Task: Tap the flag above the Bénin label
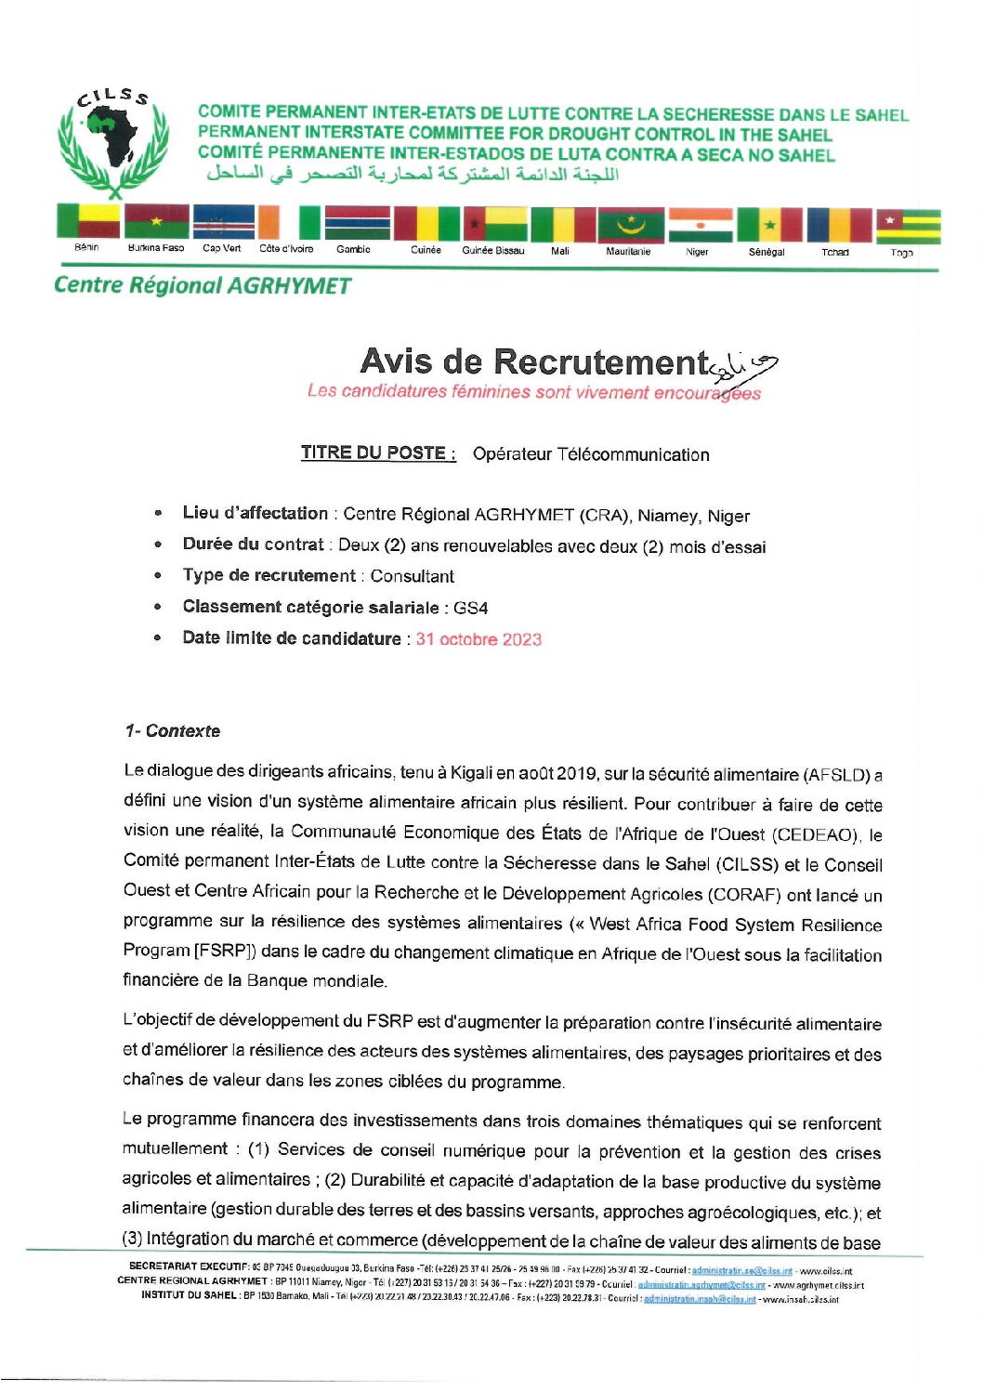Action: (x=88, y=222)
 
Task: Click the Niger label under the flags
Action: (x=697, y=252)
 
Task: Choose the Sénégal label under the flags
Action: (x=767, y=252)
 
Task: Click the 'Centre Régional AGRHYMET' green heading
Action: (x=203, y=285)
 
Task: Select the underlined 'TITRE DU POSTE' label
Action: (x=377, y=453)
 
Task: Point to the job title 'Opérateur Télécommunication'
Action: (x=591, y=454)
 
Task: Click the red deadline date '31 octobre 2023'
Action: (x=478, y=639)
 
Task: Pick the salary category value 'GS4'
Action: (x=471, y=608)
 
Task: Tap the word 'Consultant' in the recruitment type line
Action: (x=413, y=576)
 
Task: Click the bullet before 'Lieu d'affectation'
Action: (x=159, y=513)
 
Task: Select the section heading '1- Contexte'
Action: (x=173, y=731)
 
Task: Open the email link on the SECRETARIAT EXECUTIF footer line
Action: (x=741, y=1269)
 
